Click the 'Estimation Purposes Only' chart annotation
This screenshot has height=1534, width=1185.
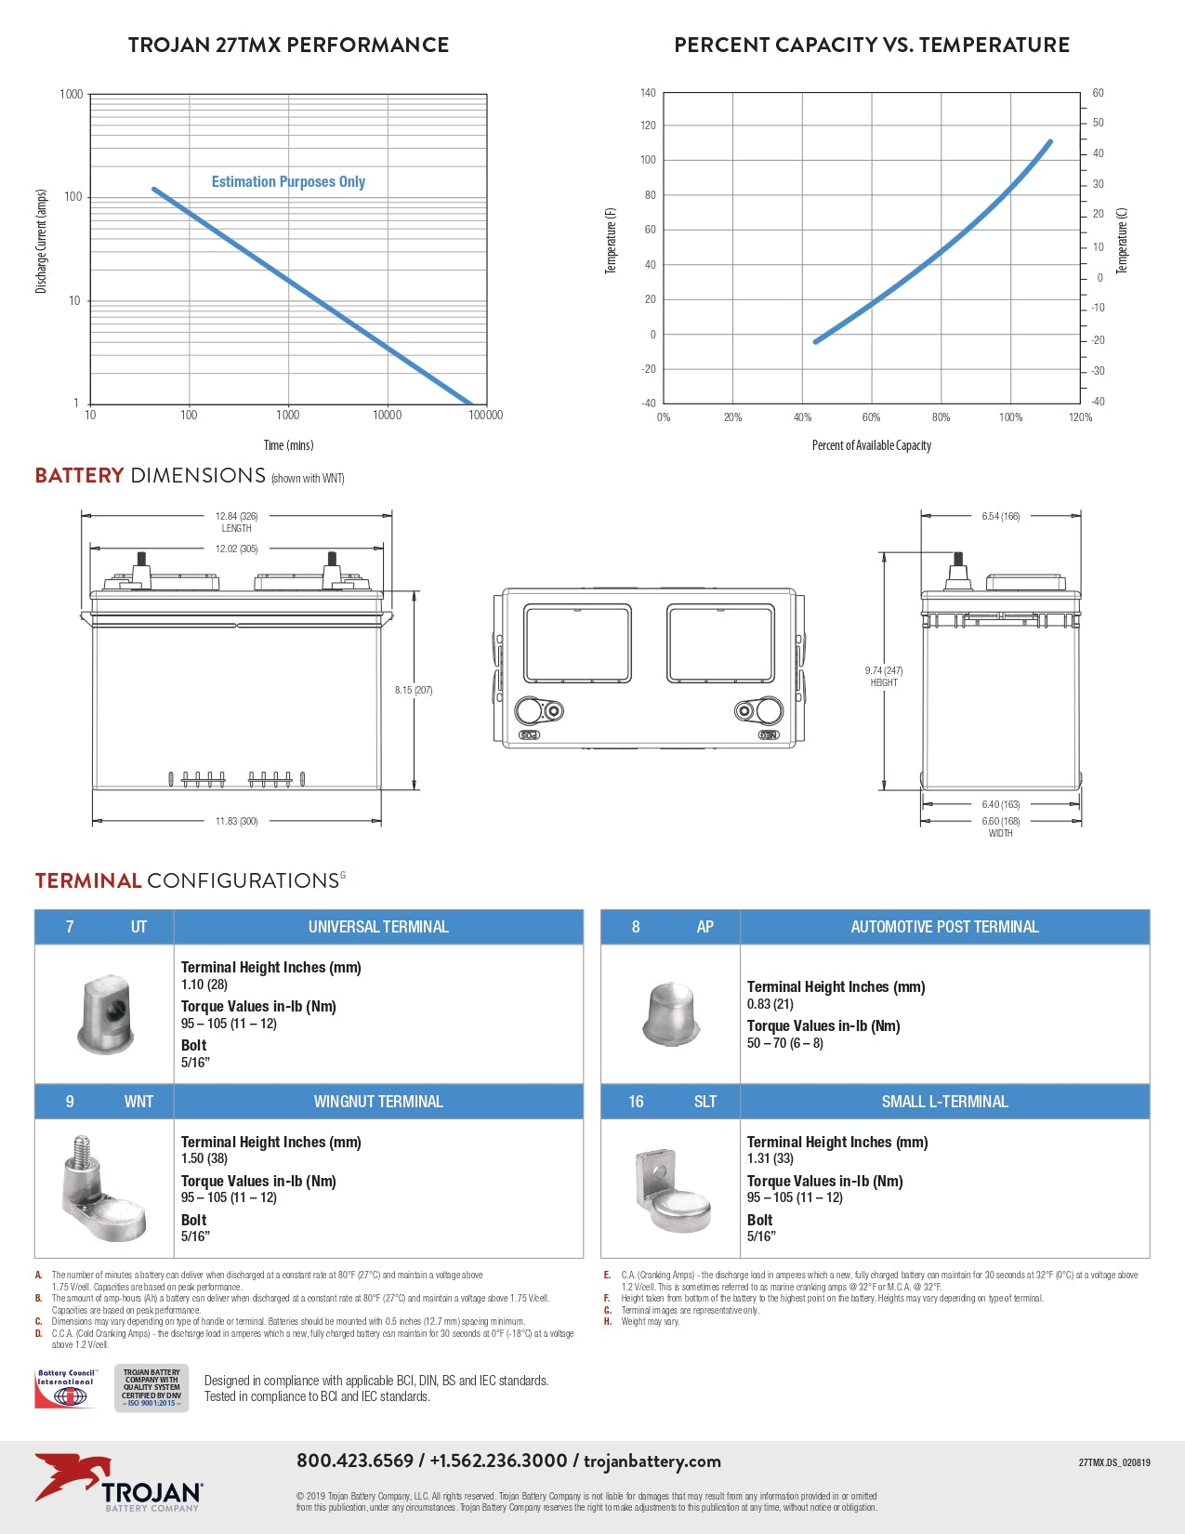tap(288, 182)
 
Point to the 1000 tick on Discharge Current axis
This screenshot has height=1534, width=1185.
tap(72, 94)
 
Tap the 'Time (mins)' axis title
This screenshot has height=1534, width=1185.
tap(288, 445)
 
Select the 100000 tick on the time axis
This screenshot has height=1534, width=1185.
tap(485, 416)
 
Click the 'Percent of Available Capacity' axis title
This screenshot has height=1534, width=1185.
tap(871, 445)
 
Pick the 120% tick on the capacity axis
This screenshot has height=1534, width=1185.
tap(1080, 417)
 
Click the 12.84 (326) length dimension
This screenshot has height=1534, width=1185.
tap(236, 516)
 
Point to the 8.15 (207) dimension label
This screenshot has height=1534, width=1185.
tap(414, 690)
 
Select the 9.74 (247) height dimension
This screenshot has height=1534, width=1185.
tap(884, 670)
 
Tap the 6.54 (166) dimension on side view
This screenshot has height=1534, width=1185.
tap(1000, 516)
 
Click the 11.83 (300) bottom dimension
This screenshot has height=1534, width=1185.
tap(236, 821)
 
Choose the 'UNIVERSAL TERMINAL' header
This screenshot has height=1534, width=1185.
tap(378, 927)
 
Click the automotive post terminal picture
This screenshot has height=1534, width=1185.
tap(669, 1013)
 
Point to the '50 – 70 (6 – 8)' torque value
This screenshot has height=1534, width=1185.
tap(785, 1043)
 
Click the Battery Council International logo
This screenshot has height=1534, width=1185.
tap(66, 1388)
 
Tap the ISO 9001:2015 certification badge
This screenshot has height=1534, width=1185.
tap(151, 1388)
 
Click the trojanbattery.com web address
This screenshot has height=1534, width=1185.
tap(652, 1461)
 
